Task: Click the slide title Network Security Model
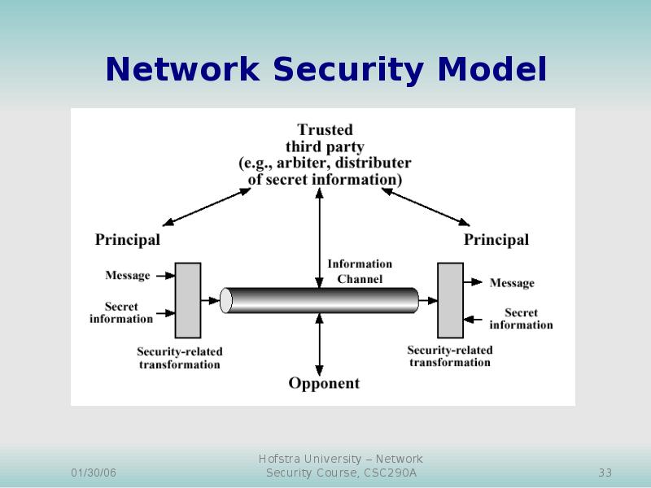click(325, 71)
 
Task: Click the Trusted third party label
click(325, 155)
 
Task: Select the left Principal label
click(128, 240)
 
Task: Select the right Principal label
click(496, 240)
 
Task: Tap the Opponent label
click(324, 383)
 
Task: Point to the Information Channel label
click(360, 271)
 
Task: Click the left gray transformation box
click(188, 300)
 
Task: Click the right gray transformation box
click(450, 300)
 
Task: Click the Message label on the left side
click(128, 276)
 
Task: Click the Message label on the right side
click(512, 283)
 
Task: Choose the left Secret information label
click(121, 313)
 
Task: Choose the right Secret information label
click(521, 319)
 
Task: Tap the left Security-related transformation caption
click(180, 358)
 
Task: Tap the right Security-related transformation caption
click(450, 356)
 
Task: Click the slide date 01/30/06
click(94, 473)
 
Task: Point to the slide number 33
click(605, 473)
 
